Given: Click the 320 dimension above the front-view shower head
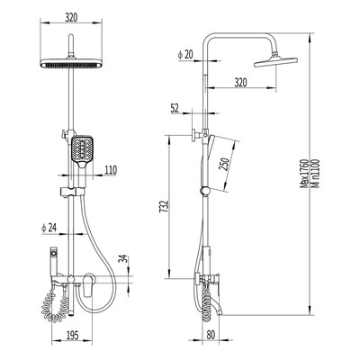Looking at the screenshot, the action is click(x=71, y=18).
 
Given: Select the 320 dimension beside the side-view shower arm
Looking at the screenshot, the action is click(x=240, y=82).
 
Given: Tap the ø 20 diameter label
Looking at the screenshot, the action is click(x=185, y=55).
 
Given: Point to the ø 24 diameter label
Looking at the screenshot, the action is click(x=49, y=229).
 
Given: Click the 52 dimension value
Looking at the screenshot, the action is click(x=175, y=108).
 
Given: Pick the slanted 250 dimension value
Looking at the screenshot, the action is click(x=225, y=164).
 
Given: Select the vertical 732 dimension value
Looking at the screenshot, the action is click(x=164, y=207).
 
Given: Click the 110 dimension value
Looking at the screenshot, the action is click(x=111, y=170).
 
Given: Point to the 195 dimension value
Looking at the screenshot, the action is click(x=72, y=335).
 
